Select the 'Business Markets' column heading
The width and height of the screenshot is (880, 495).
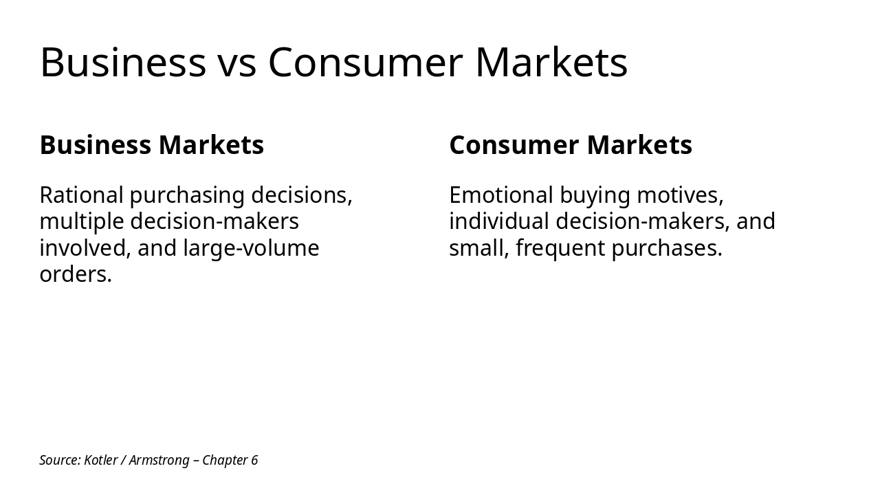[152, 145]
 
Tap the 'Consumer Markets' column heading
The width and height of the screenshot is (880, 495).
[571, 145]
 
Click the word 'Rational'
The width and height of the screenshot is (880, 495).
[81, 195]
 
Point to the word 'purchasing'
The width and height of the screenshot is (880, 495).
[187, 196]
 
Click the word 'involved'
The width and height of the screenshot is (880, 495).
[85, 248]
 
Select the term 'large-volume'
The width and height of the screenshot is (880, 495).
[252, 248]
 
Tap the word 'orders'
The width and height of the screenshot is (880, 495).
[73, 274]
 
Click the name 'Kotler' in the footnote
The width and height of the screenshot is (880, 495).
[100, 460]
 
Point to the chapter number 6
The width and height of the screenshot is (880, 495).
[254, 460]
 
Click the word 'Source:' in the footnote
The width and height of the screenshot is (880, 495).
[60, 460]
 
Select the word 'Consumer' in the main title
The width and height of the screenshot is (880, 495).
[365, 63]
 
